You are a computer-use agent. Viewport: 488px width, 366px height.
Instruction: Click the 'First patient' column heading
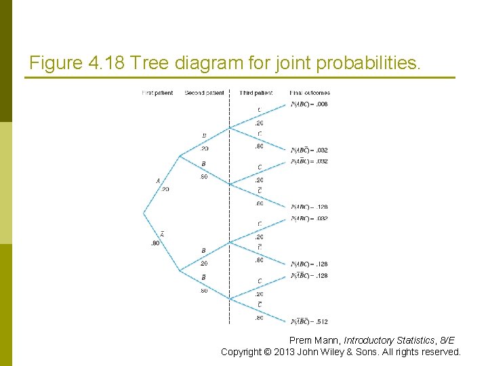point(157,93)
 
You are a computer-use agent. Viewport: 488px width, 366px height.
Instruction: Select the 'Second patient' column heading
point(204,93)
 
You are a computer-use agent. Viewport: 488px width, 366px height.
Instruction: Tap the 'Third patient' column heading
point(256,93)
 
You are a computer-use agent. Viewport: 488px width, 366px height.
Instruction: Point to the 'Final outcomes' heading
point(310,93)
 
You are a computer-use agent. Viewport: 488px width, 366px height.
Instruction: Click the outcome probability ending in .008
point(309,104)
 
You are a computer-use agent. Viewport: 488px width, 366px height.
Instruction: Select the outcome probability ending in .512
point(309,321)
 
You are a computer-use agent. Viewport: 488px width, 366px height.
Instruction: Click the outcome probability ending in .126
point(309,207)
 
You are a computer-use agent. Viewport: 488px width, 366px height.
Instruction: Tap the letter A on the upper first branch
point(158,181)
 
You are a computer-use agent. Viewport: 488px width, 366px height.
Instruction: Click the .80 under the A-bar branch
point(155,243)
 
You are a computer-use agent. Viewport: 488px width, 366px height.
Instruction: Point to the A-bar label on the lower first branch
point(163,234)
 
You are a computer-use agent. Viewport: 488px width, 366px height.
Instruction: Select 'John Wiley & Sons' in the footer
point(333,352)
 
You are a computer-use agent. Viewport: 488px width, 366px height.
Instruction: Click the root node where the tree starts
point(144,214)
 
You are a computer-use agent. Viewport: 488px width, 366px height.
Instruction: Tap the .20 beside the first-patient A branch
point(165,189)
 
